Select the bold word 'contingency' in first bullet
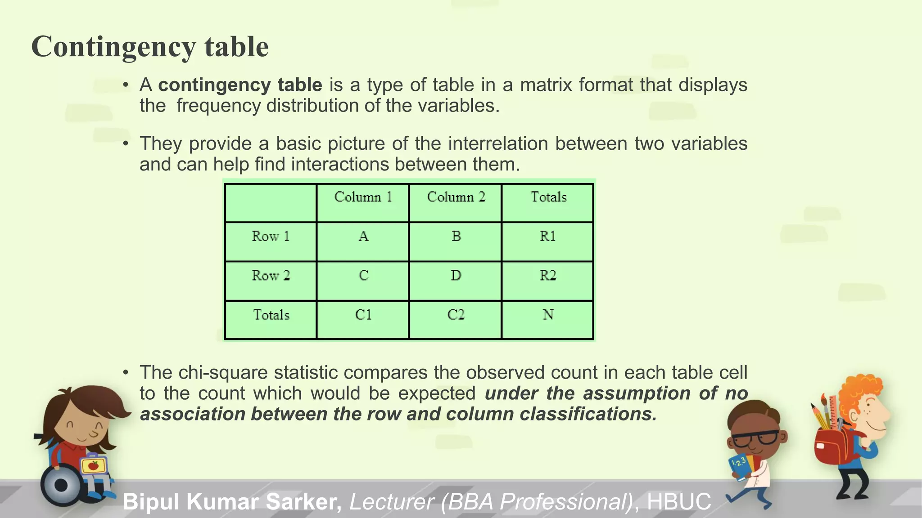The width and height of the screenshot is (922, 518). click(x=214, y=85)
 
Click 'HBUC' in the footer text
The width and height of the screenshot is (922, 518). click(x=678, y=502)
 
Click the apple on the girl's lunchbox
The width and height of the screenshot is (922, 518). click(x=94, y=465)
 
